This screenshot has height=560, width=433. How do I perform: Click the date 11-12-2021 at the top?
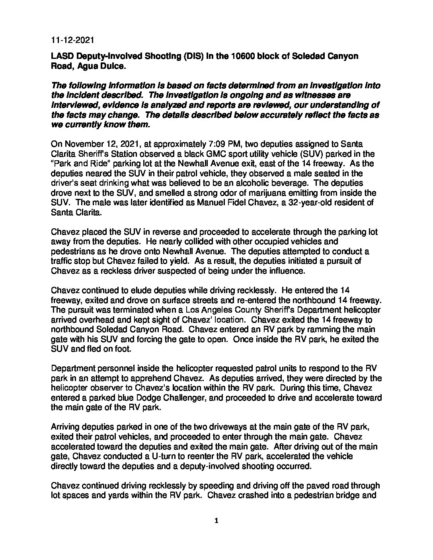click(72, 40)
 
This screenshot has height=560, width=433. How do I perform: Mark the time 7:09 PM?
click(205, 144)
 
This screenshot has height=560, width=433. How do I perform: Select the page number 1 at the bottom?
click(216, 521)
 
